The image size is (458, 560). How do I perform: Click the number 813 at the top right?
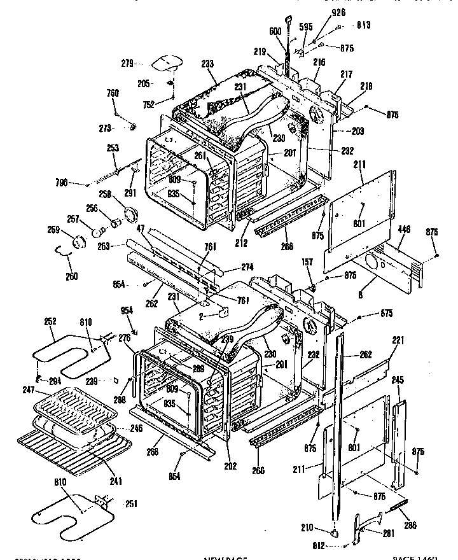[363, 25]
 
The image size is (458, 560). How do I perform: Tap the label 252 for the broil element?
[51, 323]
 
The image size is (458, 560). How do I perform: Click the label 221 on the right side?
[398, 341]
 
